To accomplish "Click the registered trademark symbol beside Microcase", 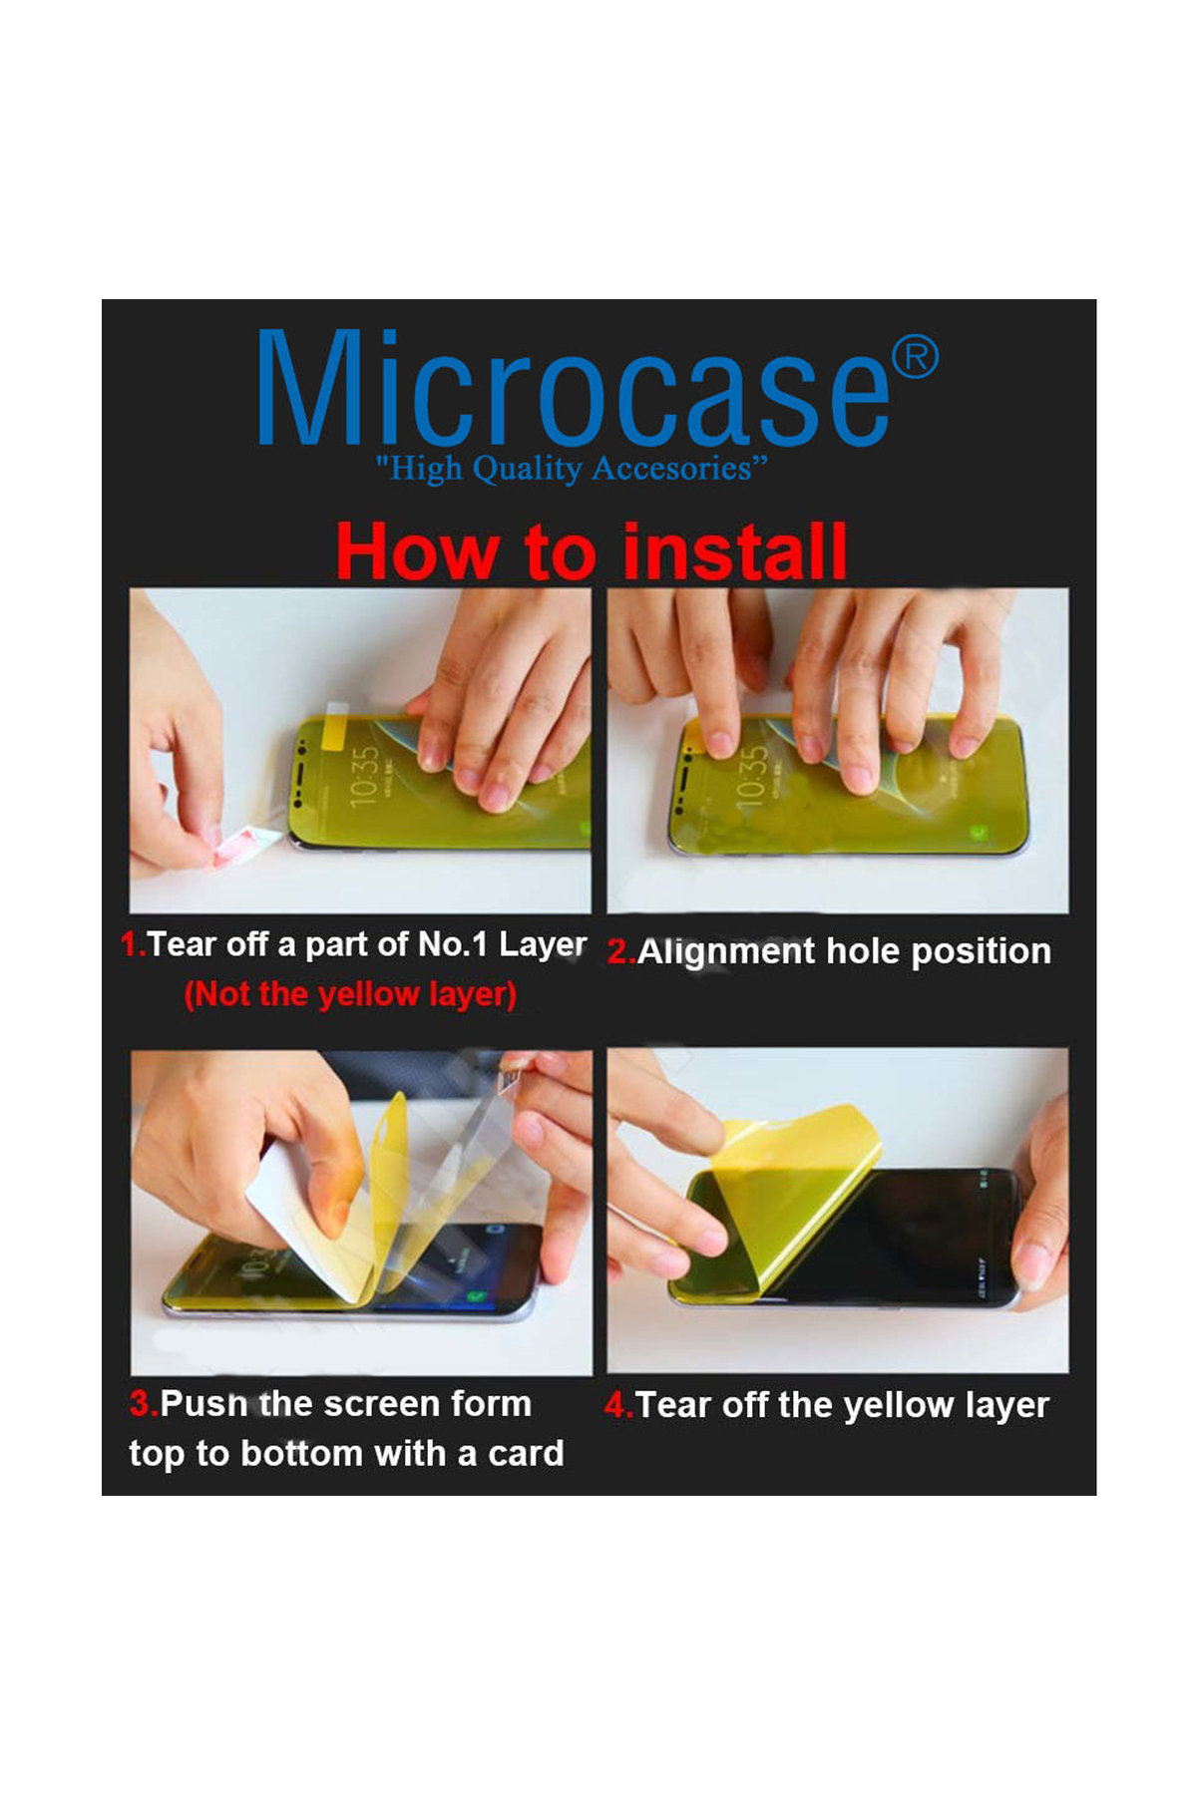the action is point(915,357).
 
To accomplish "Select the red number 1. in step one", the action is point(133,943).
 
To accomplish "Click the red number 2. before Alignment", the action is point(620,951).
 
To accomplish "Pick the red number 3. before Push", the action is point(145,1404).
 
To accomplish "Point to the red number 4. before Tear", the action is point(618,1405).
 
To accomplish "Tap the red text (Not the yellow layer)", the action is point(350,994).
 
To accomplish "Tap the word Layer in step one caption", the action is point(543,944).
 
